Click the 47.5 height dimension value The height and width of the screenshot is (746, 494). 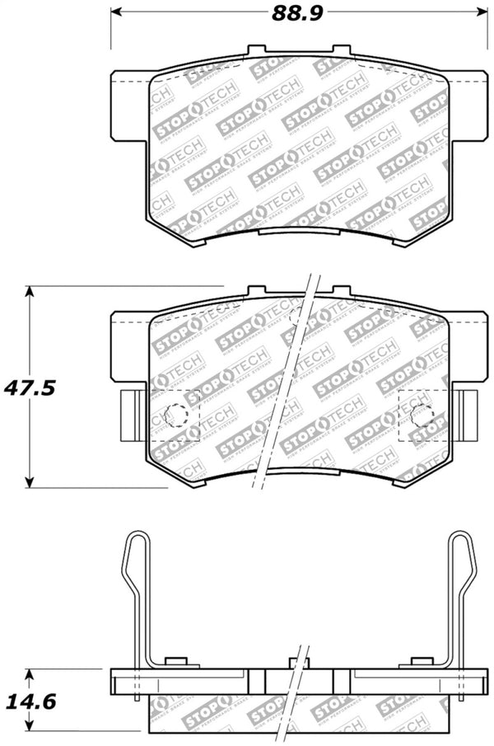[x=33, y=387]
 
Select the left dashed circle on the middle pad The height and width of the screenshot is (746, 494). [x=176, y=416]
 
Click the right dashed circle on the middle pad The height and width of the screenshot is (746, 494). [x=422, y=416]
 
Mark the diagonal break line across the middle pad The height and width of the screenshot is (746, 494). [x=288, y=387]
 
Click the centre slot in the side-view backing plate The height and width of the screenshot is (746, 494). [x=300, y=681]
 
